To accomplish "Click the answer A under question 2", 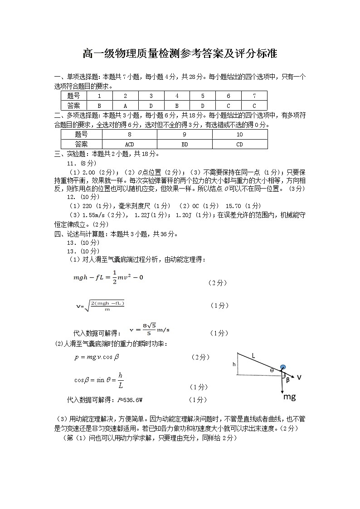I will pos(125,106).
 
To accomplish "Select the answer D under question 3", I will pos(151,106).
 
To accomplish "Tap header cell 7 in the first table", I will pos(254,96).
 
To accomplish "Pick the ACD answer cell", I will pos(129,144).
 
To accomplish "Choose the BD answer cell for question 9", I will pos(185,144).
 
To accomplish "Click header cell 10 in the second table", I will pos(239,135).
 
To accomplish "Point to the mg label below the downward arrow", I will pos(289,397).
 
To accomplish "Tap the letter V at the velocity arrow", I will pos(299,377).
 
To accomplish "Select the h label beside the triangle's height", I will pos(234,364).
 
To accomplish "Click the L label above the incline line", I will pos(253,356).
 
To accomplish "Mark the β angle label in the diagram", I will pos(287,380).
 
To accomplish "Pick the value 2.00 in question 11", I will pos(89,172).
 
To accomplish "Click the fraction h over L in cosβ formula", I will pos(120,380).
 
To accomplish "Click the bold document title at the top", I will pos(180,54).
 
